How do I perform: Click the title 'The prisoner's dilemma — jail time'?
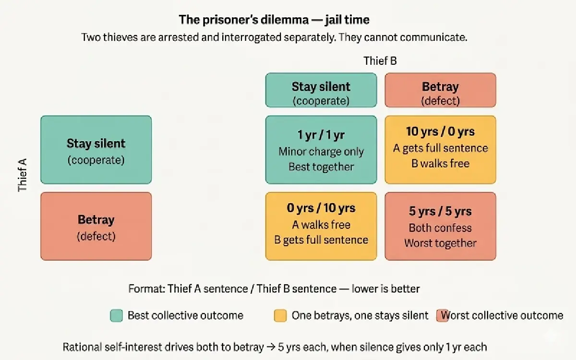click(274, 20)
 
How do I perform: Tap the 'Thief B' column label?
click(380, 61)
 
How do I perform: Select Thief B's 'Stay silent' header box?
click(321, 90)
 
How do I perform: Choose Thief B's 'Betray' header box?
click(440, 90)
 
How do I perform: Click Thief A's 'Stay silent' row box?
click(96, 150)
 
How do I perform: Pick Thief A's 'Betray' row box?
click(96, 226)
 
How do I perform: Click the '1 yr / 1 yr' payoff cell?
click(321, 150)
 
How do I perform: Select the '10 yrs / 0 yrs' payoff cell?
click(440, 150)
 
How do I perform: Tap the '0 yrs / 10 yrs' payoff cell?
click(321, 226)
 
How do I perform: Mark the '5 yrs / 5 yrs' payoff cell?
click(440, 226)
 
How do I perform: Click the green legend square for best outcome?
click(116, 315)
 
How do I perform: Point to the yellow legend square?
click(280, 315)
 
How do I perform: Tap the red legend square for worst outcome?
click(442, 315)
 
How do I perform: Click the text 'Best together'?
click(321, 167)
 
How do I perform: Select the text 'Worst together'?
click(440, 243)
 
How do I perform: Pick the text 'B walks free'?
click(440, 163)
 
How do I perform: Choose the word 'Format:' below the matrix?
click(146, 289)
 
